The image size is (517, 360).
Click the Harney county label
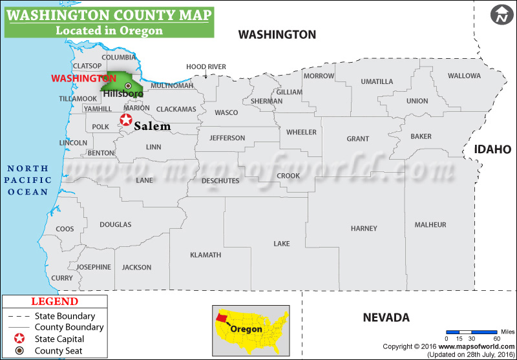pyautogui.click(x=364, y=229)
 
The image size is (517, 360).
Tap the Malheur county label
pyautogui.click(x=430, y=225)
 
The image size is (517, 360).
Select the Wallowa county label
pyautogui.click(x=464, y=76)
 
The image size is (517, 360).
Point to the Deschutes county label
pyautogui.click(x=220, y=181)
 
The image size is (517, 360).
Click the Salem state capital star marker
pyautogui.click(x=126, y=120)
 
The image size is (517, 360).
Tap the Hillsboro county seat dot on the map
pyautogui.click(x=128, y=85)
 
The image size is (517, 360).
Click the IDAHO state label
pyautogui.click(x=492, y=149)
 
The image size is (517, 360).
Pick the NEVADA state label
pyautogui.click(x=386, y=317)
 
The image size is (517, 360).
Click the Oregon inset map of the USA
pyautogui.click(x=252, y=326)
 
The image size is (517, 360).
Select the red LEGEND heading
pyautogui.click(x=55, y=302)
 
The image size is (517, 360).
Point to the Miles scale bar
pyautogui.click(x=472, y=332)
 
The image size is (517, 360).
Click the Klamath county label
pyautogui.click(x=206, y=255)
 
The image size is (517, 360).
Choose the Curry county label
pyautogui.click(x=62, y=278)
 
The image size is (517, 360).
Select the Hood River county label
pyautogui.click(x=206, y=67)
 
